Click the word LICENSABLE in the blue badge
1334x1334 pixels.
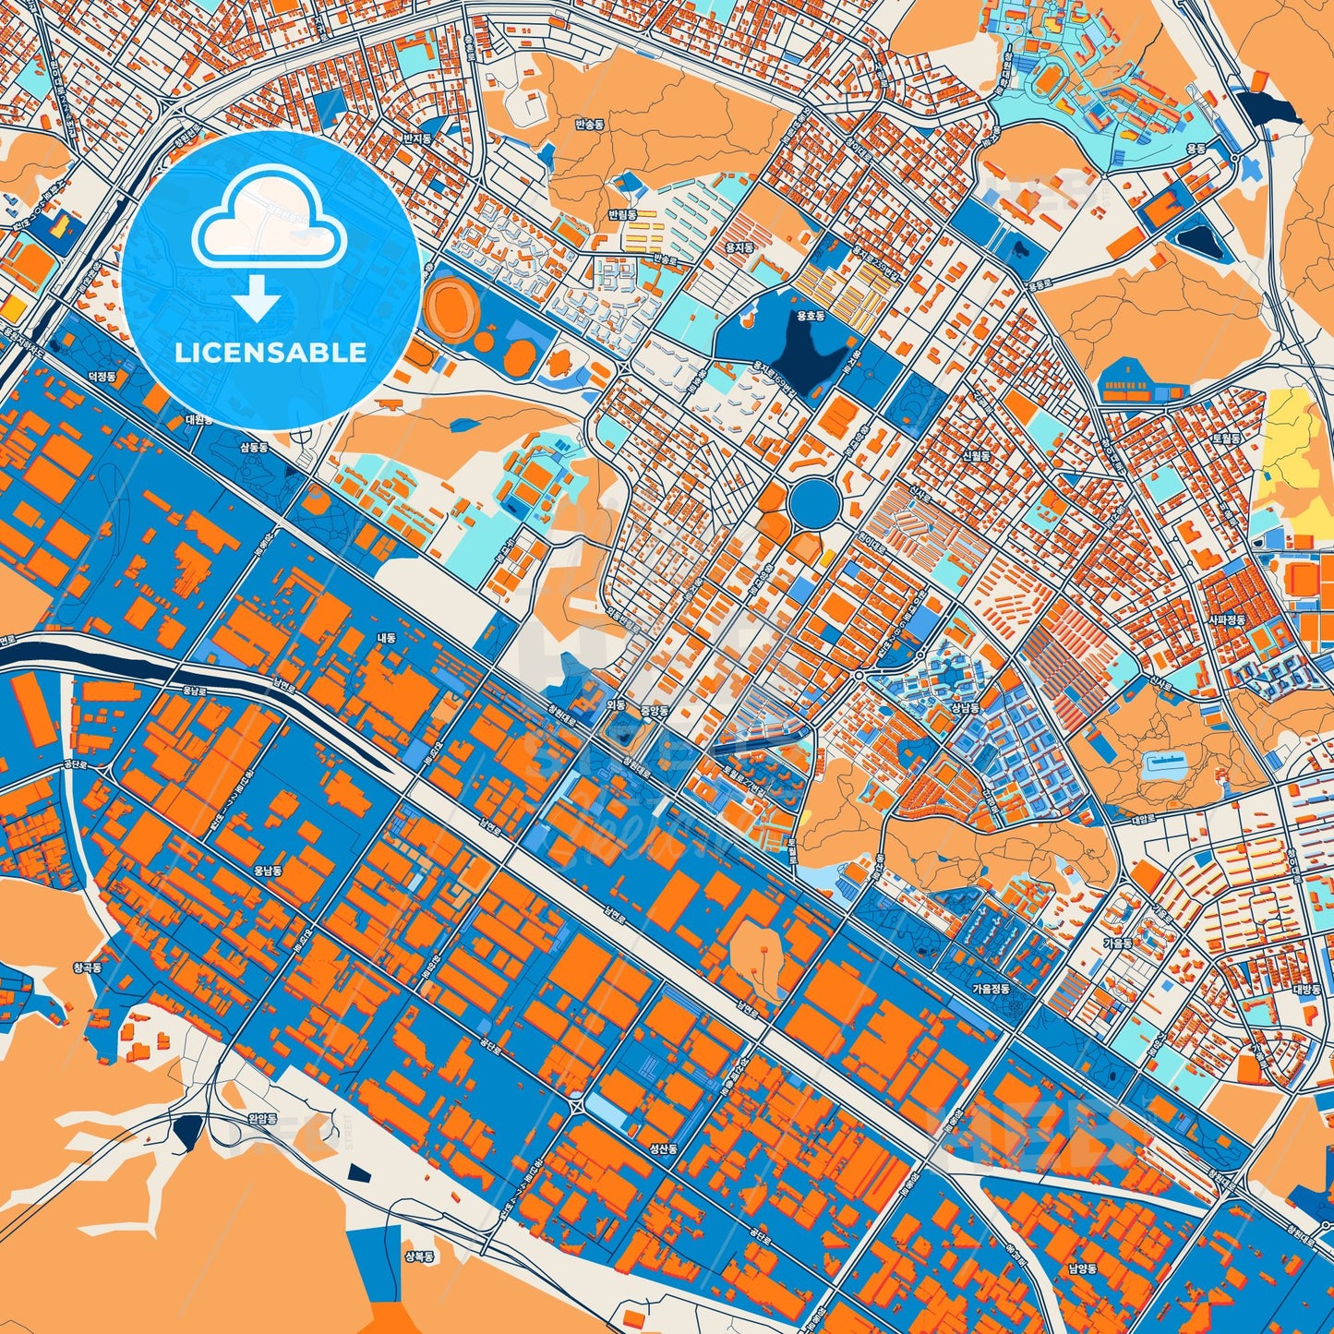tap(270, 352)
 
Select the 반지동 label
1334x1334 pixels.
tap(417, 138)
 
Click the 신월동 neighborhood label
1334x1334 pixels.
tap(976, 456)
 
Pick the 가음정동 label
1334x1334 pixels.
tap(991, 988)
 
